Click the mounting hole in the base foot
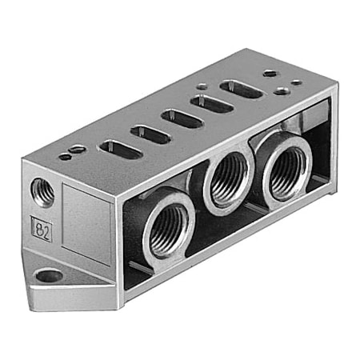50,276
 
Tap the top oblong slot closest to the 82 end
120,148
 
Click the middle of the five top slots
182,118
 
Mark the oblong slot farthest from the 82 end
241,90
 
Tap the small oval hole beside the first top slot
77,149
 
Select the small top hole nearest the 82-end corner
64,157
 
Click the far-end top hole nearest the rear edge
270,74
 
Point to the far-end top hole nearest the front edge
282,91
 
